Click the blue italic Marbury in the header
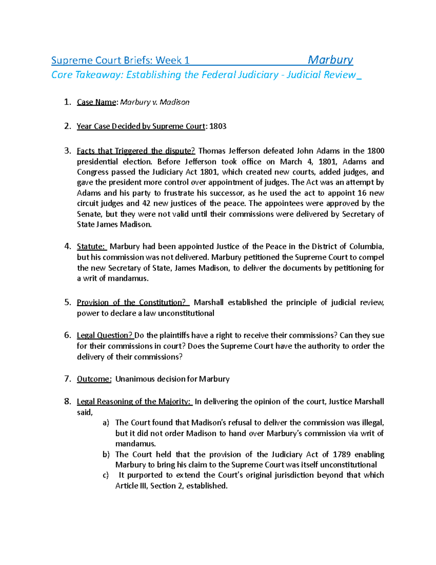330,60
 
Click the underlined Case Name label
96,102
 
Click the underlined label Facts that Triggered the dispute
136,151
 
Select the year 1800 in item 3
375,151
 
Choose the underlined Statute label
91,247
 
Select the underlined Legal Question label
105,335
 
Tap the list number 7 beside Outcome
67,379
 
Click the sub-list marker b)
106,454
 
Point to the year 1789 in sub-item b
342,454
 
